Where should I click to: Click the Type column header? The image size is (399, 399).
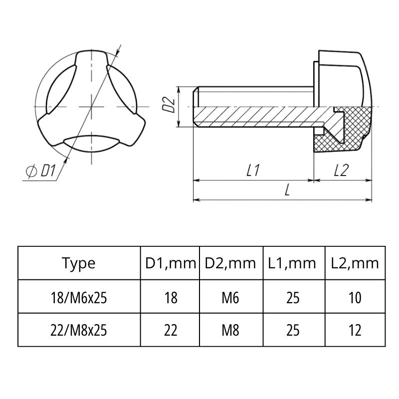(x=79, y=263)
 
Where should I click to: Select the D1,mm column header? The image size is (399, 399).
(x=170, y=263)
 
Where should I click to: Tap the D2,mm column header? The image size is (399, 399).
(x=231, y=263)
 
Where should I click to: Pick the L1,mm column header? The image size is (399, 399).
(x=293, y=263)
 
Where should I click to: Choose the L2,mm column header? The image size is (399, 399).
(x=355, y=263)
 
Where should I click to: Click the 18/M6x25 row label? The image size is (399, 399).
(x=79, y=298)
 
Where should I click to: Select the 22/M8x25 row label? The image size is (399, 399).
(x=79, y=330)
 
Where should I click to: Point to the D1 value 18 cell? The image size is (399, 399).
(x=170, y=298)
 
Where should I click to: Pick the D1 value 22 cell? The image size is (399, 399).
(x=170, y=330)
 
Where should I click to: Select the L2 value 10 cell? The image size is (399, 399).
(x=355, y=298)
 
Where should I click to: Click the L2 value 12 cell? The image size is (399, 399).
(x=355, y=330)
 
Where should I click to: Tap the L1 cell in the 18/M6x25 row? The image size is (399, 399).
(x=293, y=298)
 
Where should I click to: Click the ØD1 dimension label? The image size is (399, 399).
(x=40, y=172)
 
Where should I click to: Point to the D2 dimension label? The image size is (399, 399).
(x=170, y=105)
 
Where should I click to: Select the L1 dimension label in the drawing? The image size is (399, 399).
(x=253, y=171)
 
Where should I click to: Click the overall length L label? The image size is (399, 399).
(x=287, y=191)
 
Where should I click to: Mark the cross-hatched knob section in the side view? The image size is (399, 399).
(x=349, y=132)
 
